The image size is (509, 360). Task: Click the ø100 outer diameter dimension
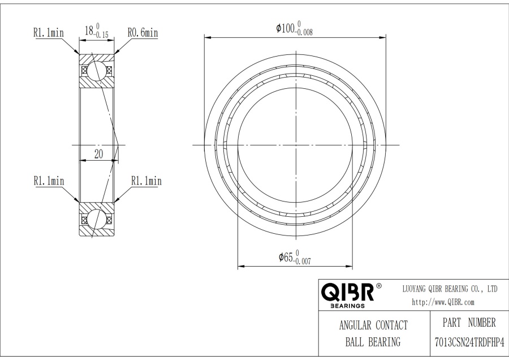pyautogui.click(x=295, y=28)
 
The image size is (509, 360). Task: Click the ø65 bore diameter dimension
pyautogui.click(x=295, y=258)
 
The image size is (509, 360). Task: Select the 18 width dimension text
pyautogui.click(x=97, y=31)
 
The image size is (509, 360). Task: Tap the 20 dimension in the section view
pyautogui.click(x=98, y=154)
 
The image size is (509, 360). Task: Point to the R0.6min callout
pyautogui.click(x=143, y=32)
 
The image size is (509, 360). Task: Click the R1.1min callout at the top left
pyautogui.click(x=49, y=32)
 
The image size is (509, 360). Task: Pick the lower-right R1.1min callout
pyautogui.click(x=146, y=181)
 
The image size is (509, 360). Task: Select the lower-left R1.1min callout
pyautogui.click(x=49, y=181)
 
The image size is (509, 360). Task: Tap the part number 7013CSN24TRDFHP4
pyautogui.click(x=469, y=342)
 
